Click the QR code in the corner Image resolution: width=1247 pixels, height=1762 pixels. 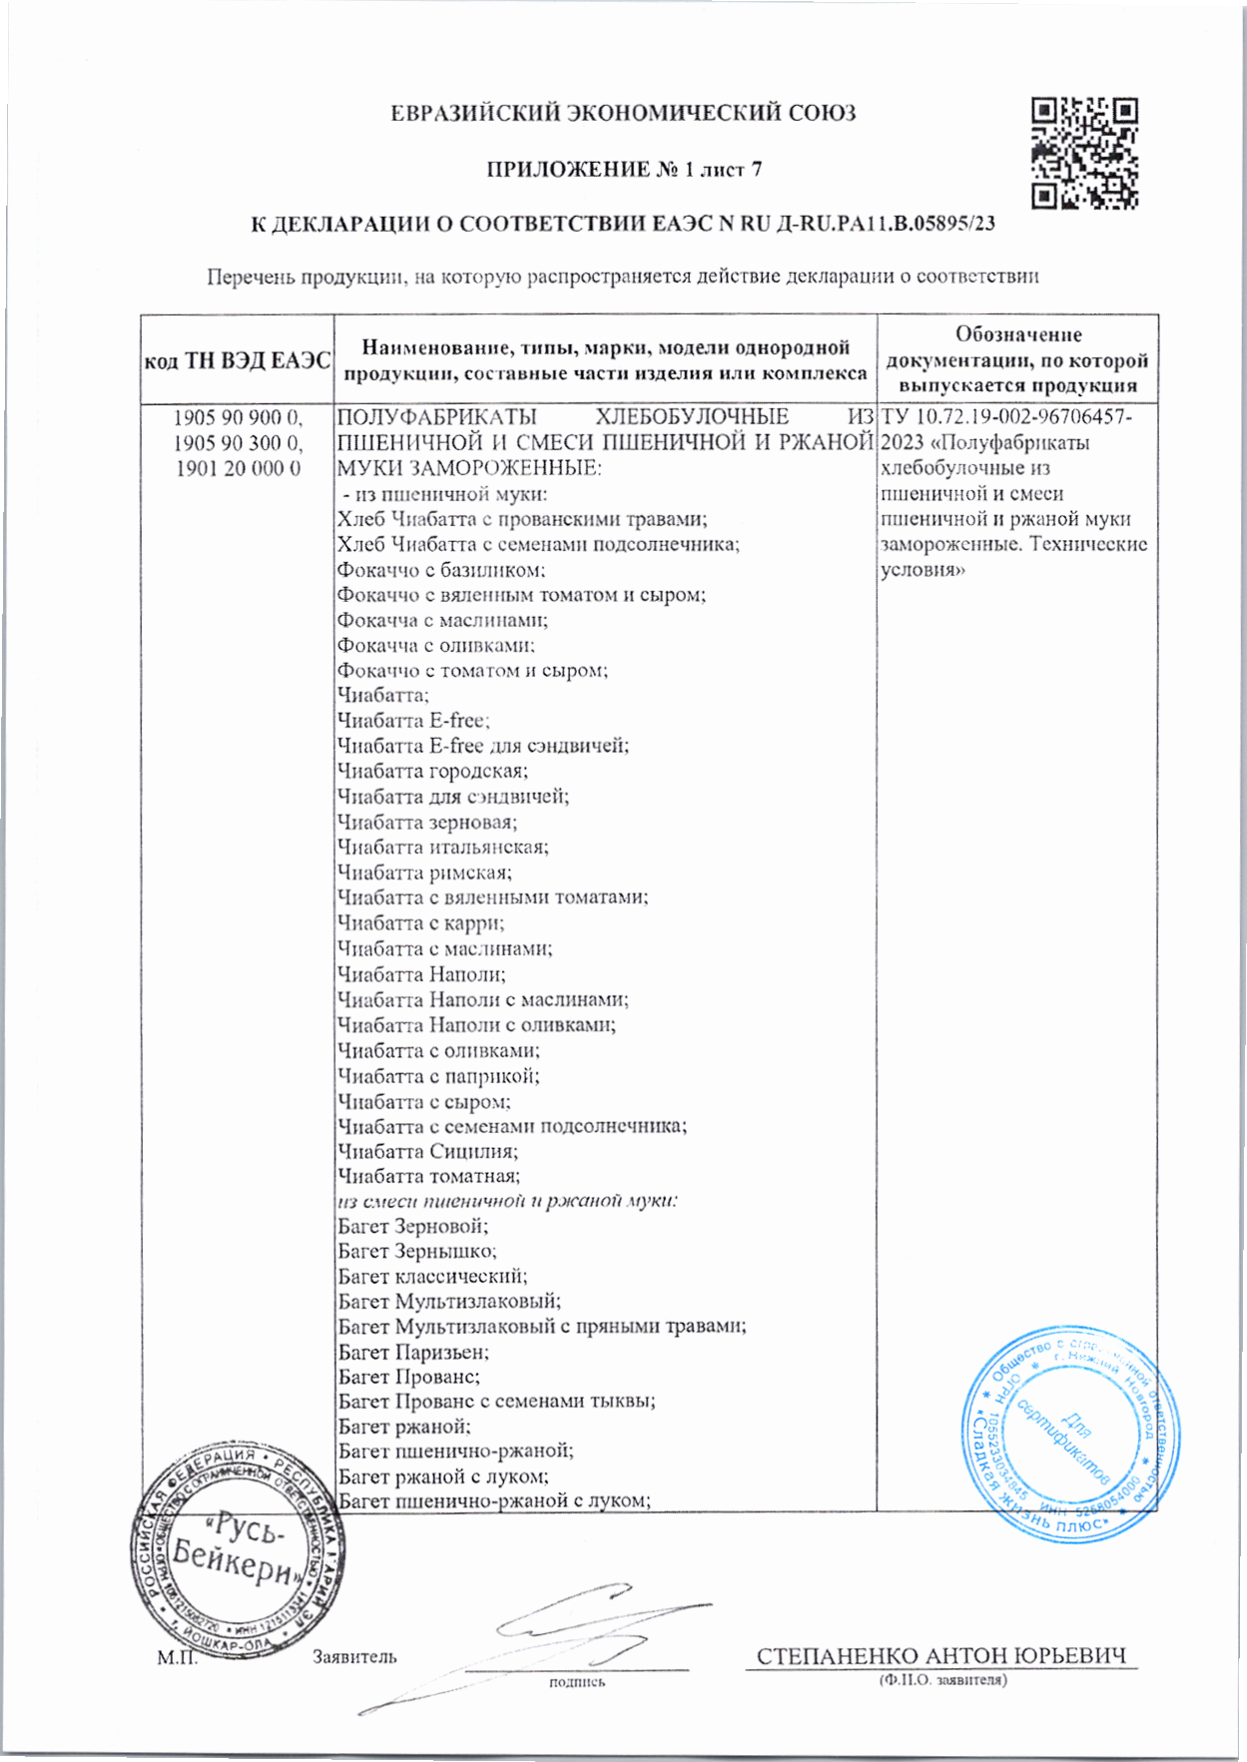click(x=1083, y=153)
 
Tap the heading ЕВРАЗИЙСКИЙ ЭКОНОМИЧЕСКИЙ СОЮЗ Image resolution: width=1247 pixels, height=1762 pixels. click(x=623, y=114)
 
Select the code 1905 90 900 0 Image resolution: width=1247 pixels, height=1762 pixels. click(x=238, y=417)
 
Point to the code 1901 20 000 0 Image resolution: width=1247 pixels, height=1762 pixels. click(x=238, y=468)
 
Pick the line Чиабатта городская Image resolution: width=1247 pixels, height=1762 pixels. click(x=432, y=772)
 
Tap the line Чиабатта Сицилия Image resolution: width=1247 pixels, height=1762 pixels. click(x=427, y=1151)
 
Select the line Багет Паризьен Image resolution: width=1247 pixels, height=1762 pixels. click(x=413, y=1353)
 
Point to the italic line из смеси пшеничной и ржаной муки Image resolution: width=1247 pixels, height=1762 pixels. click(x=507, y=1201)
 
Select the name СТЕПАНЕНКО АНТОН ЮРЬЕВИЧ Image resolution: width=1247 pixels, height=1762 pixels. click(x=940, y=1656)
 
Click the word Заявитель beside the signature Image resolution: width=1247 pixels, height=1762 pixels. click(x=354, y=1657)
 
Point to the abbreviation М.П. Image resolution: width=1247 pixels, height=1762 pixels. click(x=177, y=1658)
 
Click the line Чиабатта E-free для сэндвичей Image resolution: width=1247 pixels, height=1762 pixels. click(x=483, y=746)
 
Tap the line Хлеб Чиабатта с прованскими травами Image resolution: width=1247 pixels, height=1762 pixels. click(x=522, y=519)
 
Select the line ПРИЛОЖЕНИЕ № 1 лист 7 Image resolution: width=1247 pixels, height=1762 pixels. click(x=624, y=170)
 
